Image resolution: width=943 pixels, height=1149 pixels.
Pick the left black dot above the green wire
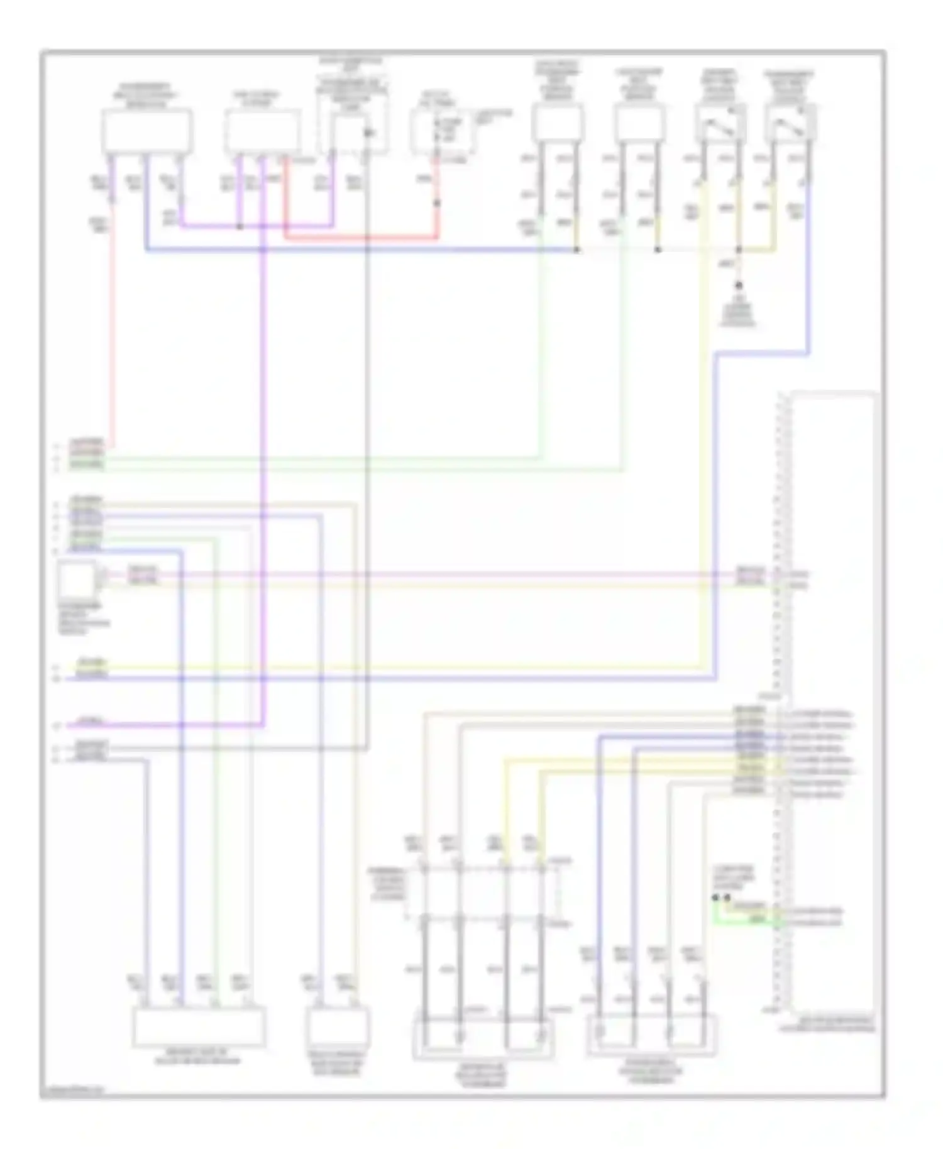click(x=715, y=898)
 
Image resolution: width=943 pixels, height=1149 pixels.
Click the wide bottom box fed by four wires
click(x=199, y=1026)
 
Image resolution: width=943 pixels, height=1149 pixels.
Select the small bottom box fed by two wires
click(x=338, y=1026)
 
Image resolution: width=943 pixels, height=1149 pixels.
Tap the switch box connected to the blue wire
click(x=791, y=123)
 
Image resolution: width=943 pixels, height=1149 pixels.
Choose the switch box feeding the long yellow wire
click(x=720, y=123)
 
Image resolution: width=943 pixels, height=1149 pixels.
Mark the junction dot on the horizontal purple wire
click(x=240, y=226)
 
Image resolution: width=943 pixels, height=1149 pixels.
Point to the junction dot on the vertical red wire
click(x=437, y=203)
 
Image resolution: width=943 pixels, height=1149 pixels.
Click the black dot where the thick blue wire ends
click(x=576, y=250)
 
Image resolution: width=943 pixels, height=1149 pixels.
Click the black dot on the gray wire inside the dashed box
click(x=367, y=133)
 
